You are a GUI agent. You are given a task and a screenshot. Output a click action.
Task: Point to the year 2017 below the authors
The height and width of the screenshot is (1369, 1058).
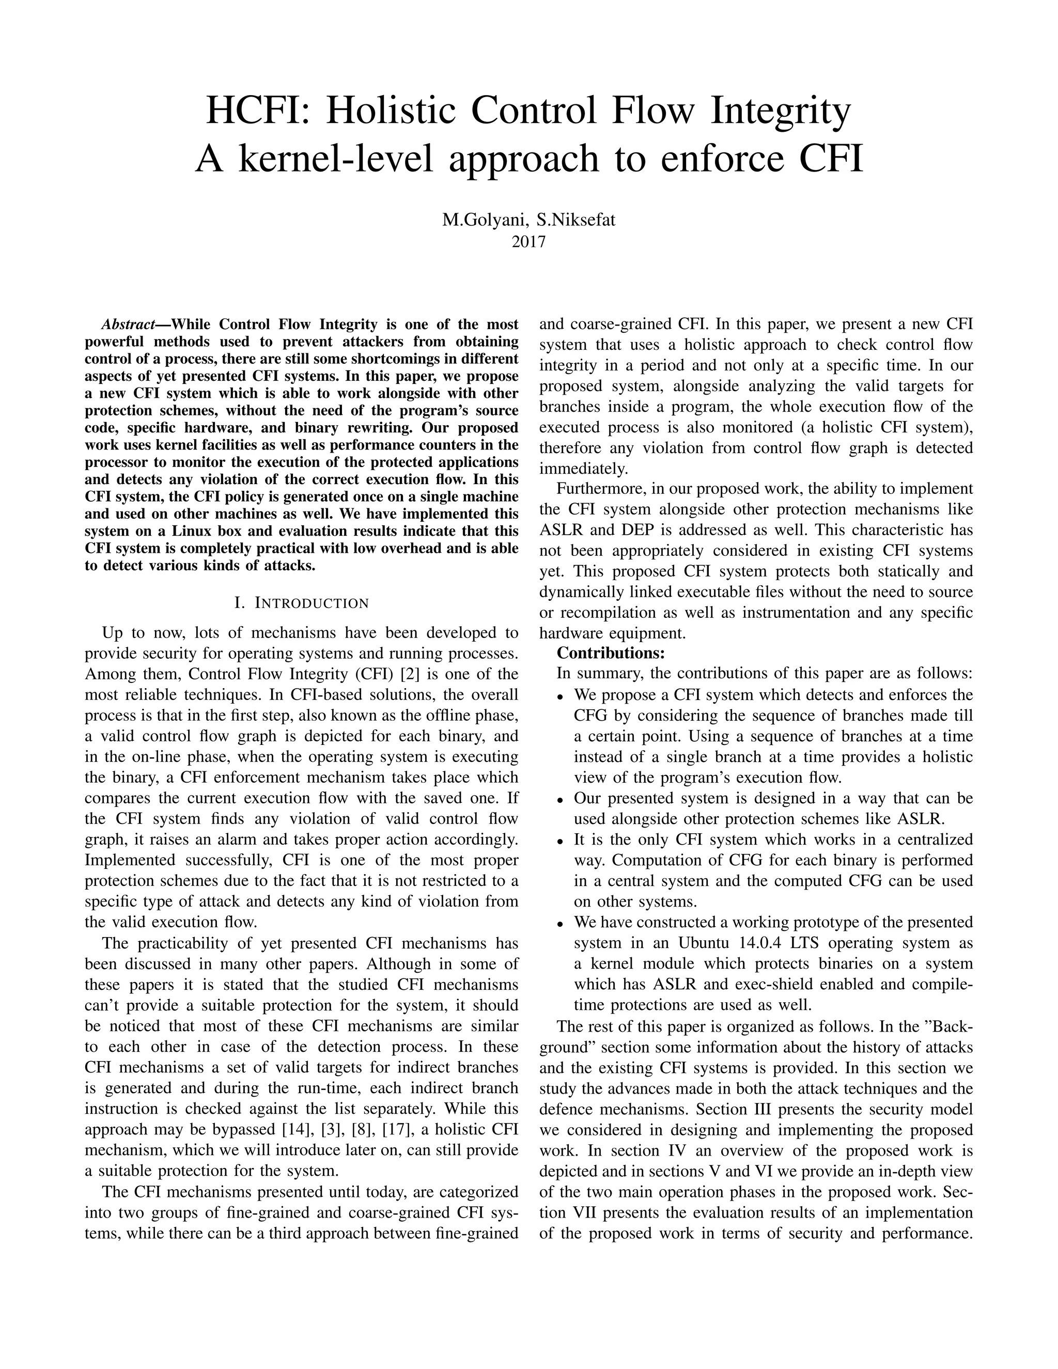(x=528, y=241)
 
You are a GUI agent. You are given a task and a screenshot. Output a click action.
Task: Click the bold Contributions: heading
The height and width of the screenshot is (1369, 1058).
(x=611, y=652)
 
